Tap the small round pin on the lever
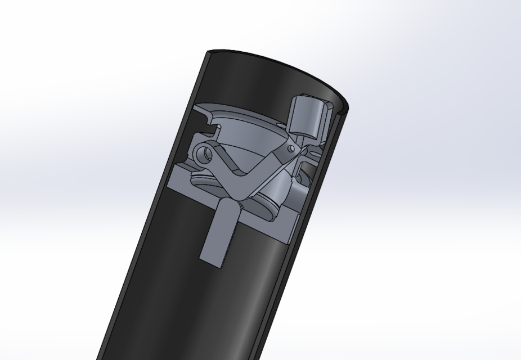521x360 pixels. coord(290,148)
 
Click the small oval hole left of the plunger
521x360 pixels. coord(281,124)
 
